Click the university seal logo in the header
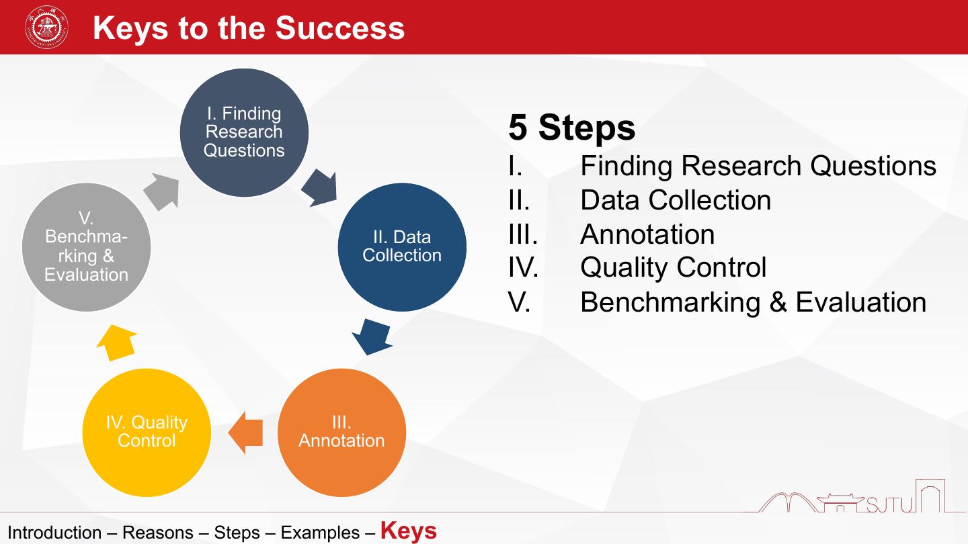pyautogui.click(x=46, y=28)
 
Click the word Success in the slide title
pyautogui.click(x=339, y=28)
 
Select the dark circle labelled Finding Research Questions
pyautogui.click(x=244, y=132)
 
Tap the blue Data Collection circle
pyautogui.click(x=402, y=246)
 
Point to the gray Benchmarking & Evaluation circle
pyautogui.click(x=86, y=246)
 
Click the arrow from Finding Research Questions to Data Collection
pyautogui.click(x=318, y=187)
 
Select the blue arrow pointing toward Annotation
pyautogui.click(x=371, y=336)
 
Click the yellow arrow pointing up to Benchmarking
pyautogui.click(x=117, y=343)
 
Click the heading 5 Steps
pyautogui.click(x=571, y=127)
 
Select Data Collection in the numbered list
pyautogui.click(x=675, y=200)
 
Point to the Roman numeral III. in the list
pyautogui.click(x=523, y=234)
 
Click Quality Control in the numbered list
pyautogui.click(x=673, y=268)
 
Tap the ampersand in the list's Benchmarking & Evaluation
pyautogui.click(x=778, y=302)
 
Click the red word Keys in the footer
pyautogui.click(x=408, y=531)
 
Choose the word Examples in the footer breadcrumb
pyautogui.click(x=320, y=533)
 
